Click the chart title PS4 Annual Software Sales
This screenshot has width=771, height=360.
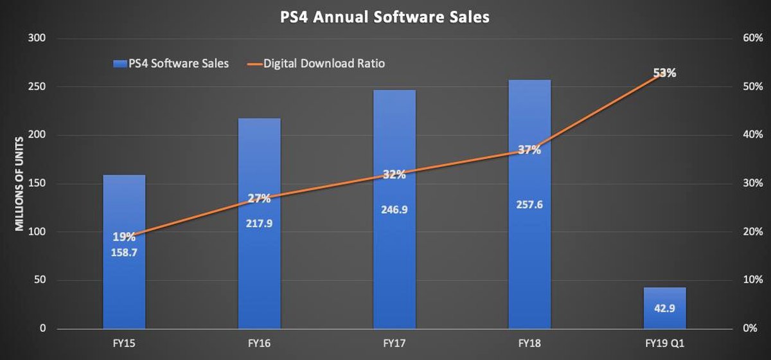click(385, 17)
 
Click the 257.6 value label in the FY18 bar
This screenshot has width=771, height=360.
click(529, 204)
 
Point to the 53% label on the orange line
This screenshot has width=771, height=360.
click(664, 73)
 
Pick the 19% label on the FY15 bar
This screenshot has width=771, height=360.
click(124, 236)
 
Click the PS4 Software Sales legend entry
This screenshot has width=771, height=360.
click(170, 63)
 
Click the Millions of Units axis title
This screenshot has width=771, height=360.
click(20, 183)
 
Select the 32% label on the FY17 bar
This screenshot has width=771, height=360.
click(394, 175)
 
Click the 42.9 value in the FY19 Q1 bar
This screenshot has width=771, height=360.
click(664, 310)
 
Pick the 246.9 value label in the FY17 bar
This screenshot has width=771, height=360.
click(394, 210)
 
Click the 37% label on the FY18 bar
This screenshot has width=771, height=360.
click(529, 150)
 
